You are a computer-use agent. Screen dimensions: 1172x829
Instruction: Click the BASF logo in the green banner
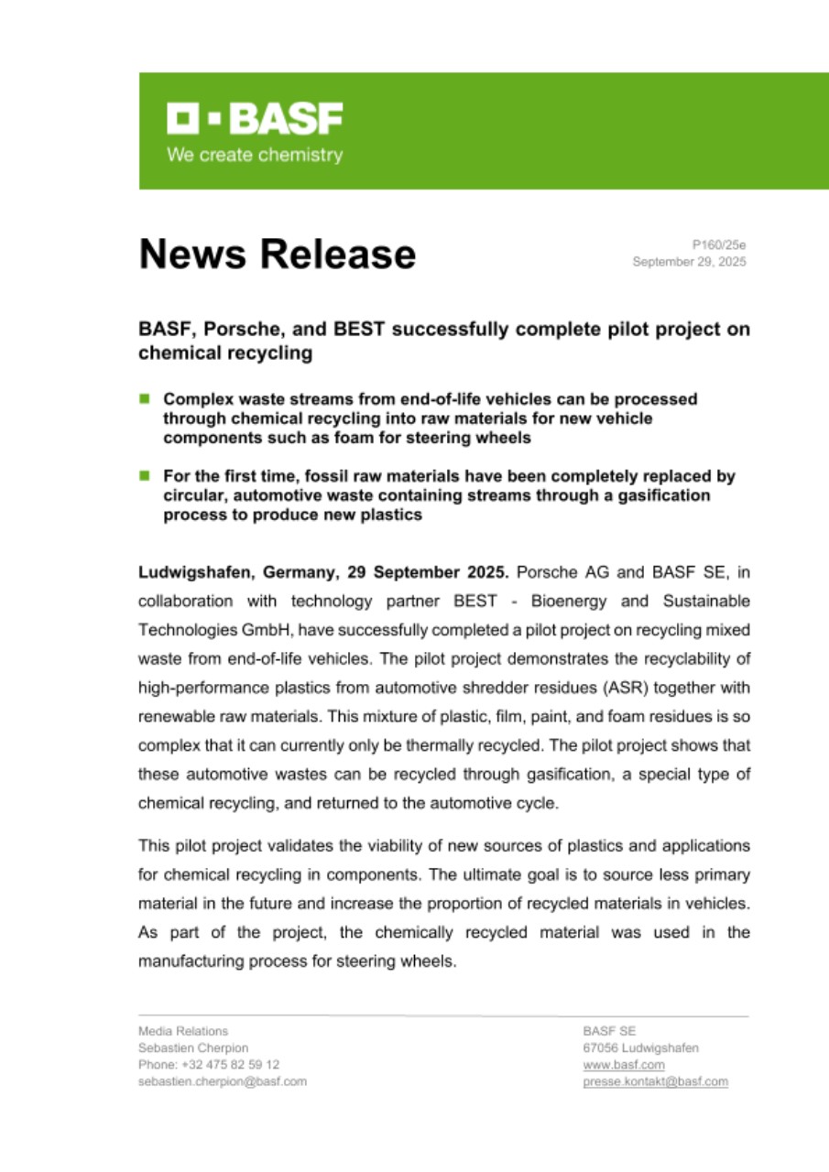coord(255,118)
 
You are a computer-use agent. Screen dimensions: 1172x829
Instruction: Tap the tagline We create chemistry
coord(255,155)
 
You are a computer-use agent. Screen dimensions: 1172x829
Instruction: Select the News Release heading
coord(277,254)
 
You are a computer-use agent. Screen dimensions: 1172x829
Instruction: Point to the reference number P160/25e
coord(719,245)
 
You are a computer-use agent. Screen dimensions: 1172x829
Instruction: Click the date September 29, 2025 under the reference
coord(689,262)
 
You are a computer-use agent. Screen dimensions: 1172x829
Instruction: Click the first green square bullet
coord(144,399)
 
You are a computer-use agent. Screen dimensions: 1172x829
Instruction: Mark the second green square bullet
coord(144,476)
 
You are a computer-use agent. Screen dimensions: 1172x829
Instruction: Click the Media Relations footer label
coord(183,1031)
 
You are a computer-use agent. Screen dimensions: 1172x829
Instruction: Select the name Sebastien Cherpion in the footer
coord(193,1047)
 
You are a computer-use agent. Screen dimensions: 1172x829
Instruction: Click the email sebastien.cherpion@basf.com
coord(223,1081)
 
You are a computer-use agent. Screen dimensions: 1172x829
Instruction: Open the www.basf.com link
coord(624,1065)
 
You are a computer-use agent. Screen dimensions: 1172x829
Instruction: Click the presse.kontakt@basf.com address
coord(656,1081)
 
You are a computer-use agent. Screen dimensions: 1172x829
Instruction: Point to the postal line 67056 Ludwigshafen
coord(640,1047)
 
